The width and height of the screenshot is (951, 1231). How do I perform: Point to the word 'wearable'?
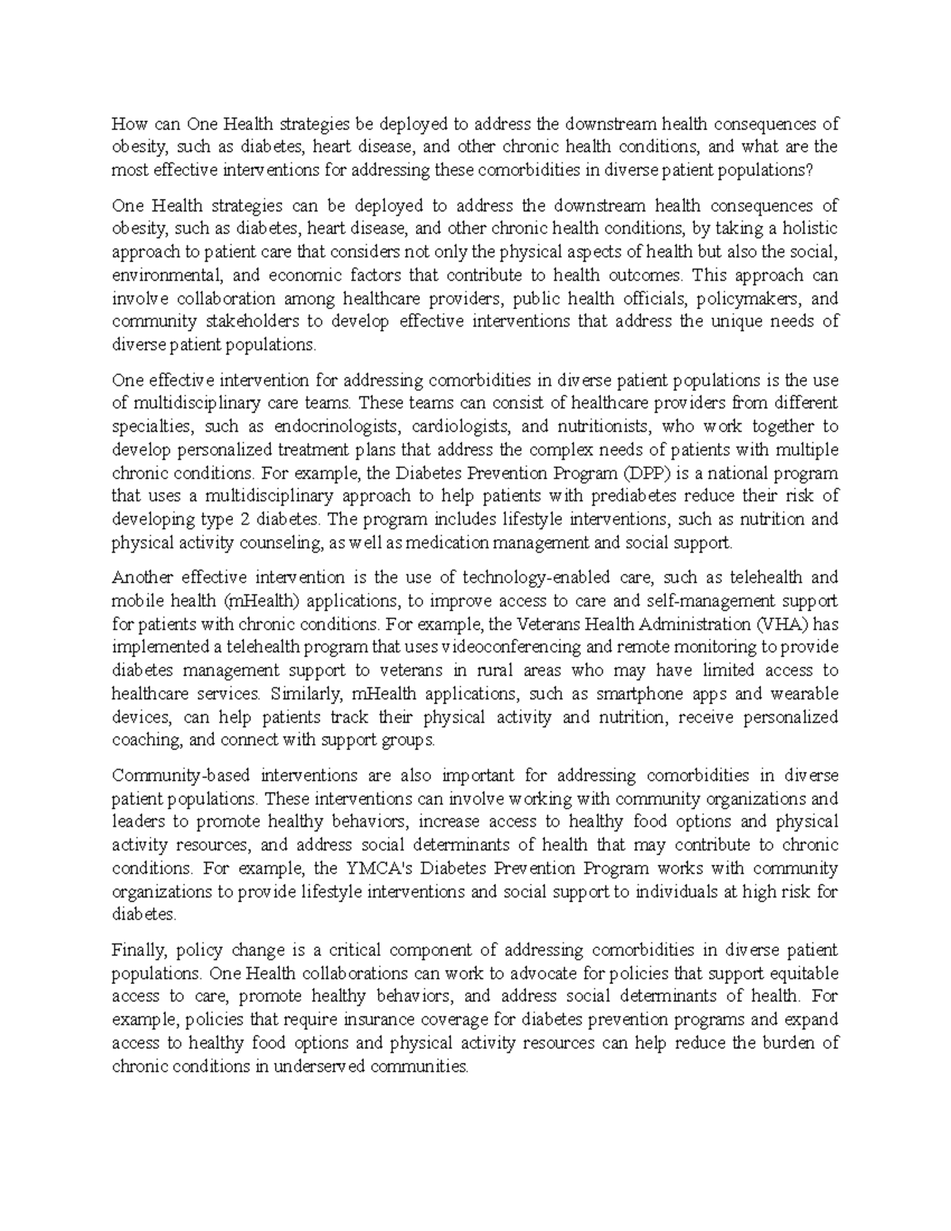804,694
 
